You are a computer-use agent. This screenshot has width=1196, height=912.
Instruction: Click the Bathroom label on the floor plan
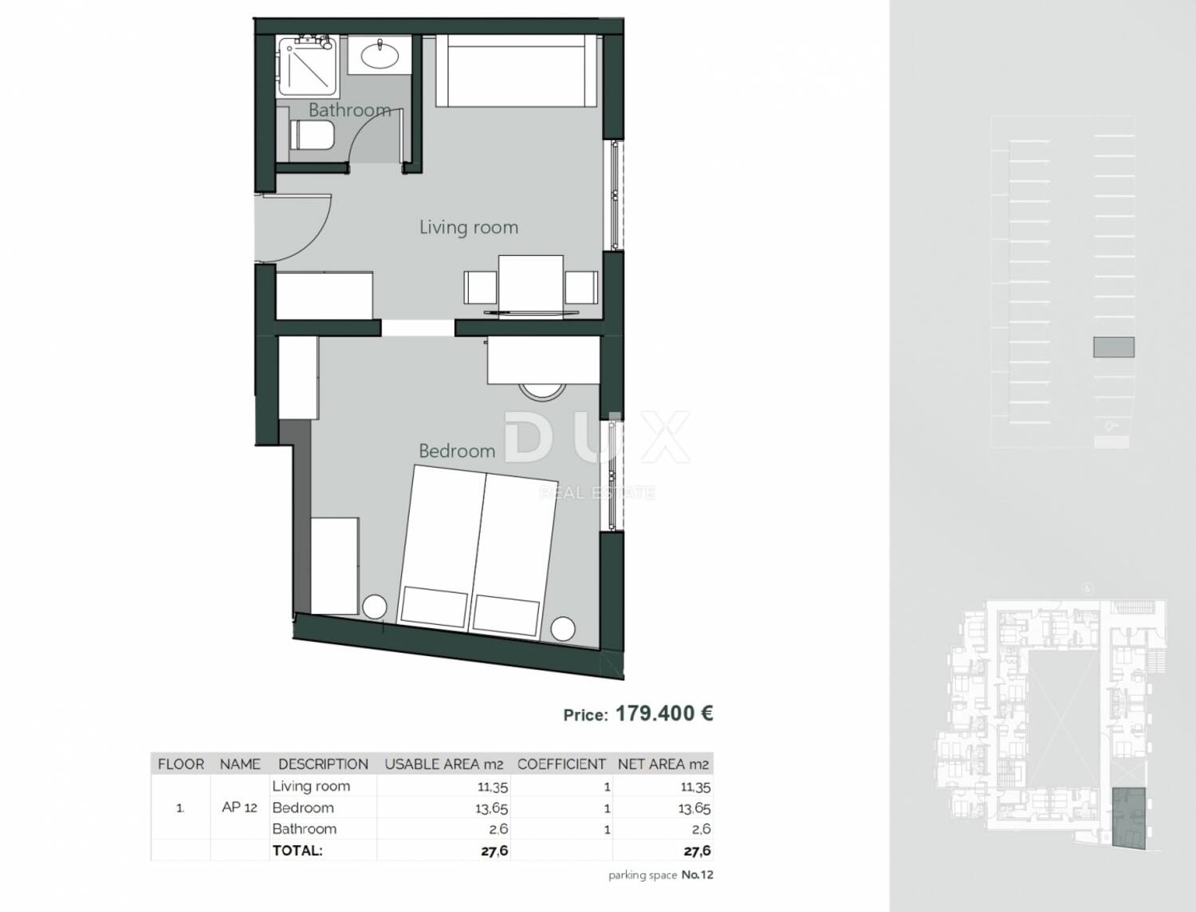click(350, 110)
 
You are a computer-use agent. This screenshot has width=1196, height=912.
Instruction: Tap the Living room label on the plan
click(469, 227)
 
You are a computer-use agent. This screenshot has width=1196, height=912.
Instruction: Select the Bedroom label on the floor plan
click(457, 451)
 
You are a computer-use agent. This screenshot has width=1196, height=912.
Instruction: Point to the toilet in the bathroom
click(311, 135)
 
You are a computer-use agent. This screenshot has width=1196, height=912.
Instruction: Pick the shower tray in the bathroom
click(307, 66)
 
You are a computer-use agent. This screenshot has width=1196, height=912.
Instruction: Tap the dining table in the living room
click(531, 285)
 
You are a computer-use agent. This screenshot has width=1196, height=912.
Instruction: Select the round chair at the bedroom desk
click(541, 391)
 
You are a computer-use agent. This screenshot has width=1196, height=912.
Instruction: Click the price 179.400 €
click(663, 713)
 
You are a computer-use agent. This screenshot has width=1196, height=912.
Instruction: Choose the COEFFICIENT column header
click(561, 765)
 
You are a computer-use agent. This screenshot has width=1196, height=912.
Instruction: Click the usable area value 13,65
click(491, 808)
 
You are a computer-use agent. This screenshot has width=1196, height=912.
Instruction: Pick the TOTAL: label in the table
click(297, 851)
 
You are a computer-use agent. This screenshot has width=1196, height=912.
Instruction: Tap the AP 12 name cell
click(239, 808)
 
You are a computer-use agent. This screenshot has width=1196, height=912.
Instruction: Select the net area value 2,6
click(700, 829)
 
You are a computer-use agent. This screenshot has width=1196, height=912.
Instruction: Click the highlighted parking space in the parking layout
click(1114, 347)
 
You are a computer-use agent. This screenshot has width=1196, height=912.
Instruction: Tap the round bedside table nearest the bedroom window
click(563, 629)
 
